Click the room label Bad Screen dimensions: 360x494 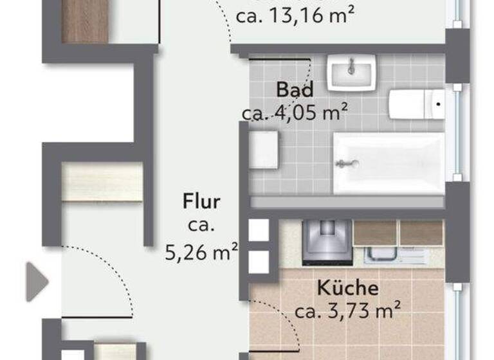(295, 89)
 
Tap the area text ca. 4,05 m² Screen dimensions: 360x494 (295, 113)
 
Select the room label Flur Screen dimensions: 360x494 (201, 202)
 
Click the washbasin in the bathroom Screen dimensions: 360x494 (351, 71)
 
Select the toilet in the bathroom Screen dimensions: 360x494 (416, 104)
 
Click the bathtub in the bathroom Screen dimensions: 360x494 (389, 163)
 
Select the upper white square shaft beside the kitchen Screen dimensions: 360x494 (259, 230)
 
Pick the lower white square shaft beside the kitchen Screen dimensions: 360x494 (259, 261)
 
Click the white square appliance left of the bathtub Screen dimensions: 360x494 (264, 150)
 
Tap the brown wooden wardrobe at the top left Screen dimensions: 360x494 (85, 21)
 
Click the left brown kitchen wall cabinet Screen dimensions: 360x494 (375, 233)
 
